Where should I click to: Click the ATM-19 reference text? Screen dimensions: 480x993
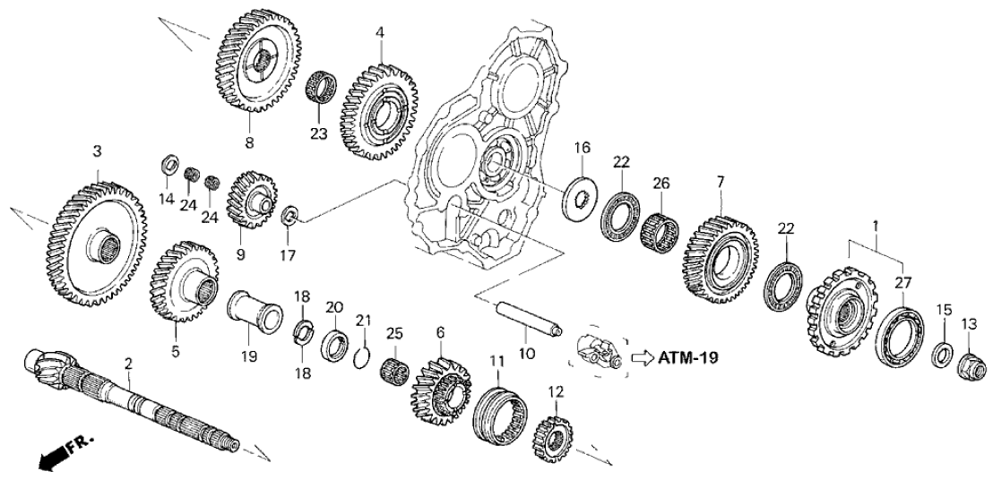[x=689, y=356]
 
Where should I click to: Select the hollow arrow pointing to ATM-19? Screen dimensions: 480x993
[x=643, y=356]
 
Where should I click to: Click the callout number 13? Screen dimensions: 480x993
[x=971, y=323]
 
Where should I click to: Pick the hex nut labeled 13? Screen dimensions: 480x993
[x=970, y=363]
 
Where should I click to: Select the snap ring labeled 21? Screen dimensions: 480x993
[x=361, y=357]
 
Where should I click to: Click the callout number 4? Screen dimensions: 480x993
[x=380, y=32]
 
